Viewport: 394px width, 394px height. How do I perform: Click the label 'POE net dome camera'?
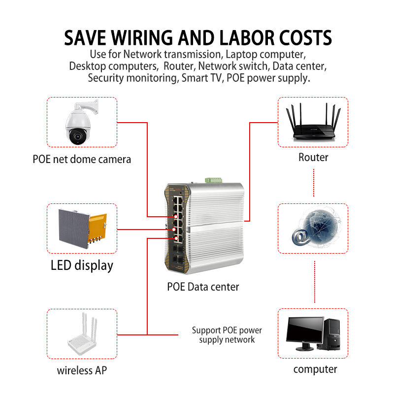tap(82, 159)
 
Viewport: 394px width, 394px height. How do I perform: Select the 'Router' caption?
tap(313, 158)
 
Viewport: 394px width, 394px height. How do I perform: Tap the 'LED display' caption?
tap(82, 265)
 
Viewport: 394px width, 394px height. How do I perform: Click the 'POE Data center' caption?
tap(203, 287)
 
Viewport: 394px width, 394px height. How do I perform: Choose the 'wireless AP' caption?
tap(82, 370)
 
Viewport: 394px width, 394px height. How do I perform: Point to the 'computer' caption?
tap(315, 369)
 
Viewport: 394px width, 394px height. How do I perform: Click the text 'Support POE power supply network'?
tap(227, 335)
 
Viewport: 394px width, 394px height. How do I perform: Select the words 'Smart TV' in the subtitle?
tap(201, 78)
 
